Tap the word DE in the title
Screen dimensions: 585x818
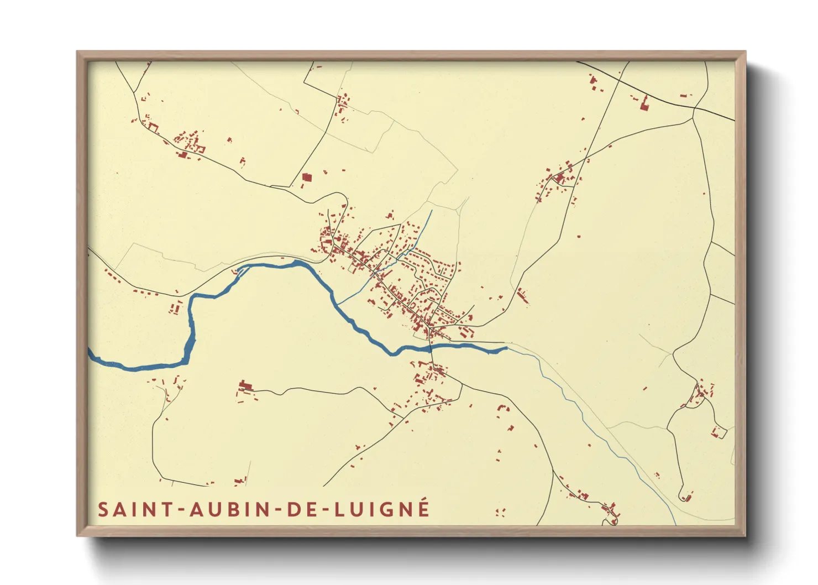point(303,509)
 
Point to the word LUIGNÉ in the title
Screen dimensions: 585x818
point(382,509)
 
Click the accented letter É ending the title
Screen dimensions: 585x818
point(423,508)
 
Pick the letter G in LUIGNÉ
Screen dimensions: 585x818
point(388,509)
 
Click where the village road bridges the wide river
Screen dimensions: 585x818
point(431,348)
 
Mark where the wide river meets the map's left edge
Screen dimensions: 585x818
point(90,353)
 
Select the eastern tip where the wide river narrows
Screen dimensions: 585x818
point(506,348)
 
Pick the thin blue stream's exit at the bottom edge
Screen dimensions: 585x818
point(675,524)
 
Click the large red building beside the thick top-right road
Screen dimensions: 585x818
point(644,103)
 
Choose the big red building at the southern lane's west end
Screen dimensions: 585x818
point(244,385)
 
